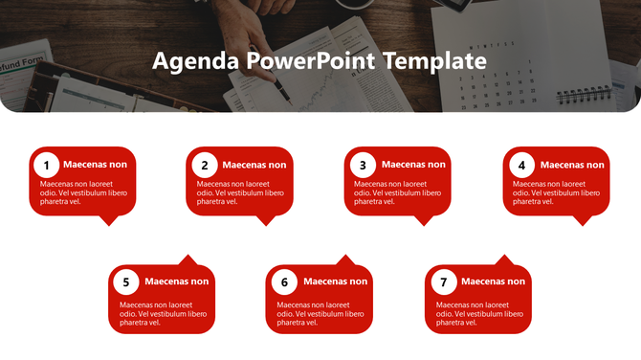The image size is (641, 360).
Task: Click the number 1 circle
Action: point(47,165)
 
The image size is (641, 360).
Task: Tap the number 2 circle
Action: point(204,165)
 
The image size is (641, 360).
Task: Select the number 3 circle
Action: point(363,165)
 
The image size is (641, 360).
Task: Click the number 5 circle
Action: point(126,282)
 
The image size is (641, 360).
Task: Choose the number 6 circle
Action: point(284,282)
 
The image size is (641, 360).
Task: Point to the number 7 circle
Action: point(443,282)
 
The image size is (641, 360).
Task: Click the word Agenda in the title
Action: point(195,62)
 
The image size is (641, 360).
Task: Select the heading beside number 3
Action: point(413,165)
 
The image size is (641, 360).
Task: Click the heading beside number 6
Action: point(335,281)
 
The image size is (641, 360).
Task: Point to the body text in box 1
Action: point(82,191)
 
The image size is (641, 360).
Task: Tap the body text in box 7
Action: point(478,313)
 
